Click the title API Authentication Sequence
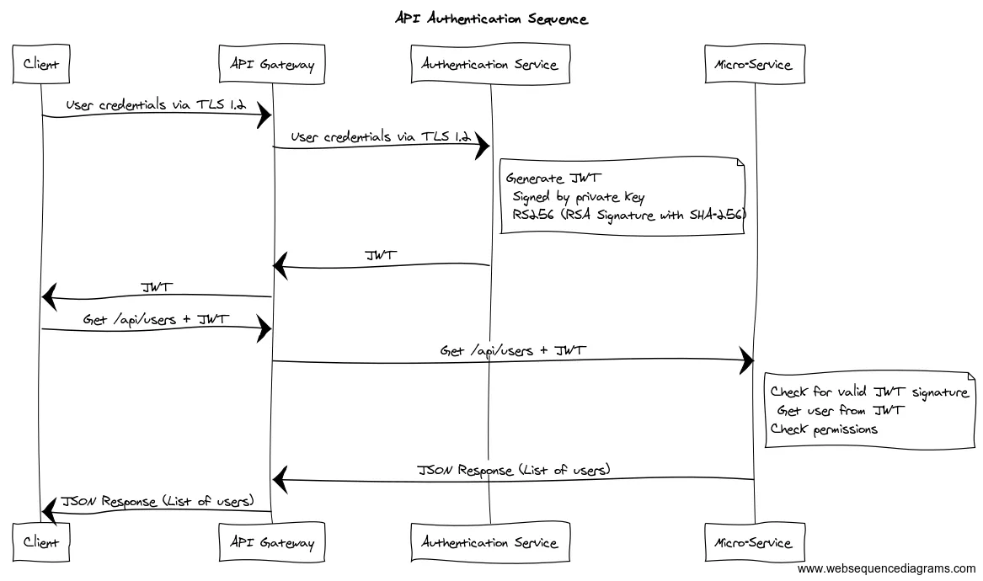click(x=491, y=19)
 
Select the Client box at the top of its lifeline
click(x=41, y=65)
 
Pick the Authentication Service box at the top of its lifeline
click(x=489, y=65)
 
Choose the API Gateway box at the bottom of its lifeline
click(x=271, y=542)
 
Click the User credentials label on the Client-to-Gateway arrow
click(x=156, y=104)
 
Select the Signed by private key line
click(x=579, y=198)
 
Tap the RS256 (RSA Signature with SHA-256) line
click(x=628, y=216)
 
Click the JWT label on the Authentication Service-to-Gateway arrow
click(x=381, y=255)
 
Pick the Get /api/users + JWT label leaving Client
click(x=156, y=319)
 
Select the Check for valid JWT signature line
click(x=868, y=392)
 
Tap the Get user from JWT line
click(x=841, y=411)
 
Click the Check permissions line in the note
click(x=824, y=429)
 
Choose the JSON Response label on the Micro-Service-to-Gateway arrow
click(x=514, y=470)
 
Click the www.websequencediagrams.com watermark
click(x=886, y=569)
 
